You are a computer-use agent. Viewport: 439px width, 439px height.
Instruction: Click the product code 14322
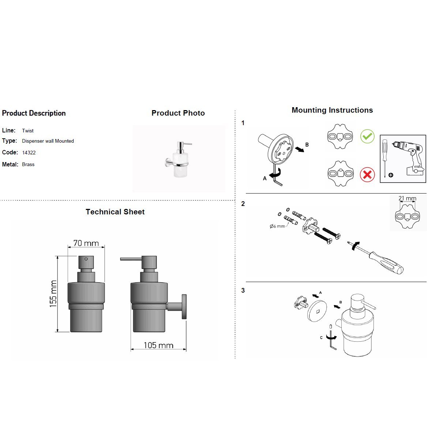[x=29, y=153]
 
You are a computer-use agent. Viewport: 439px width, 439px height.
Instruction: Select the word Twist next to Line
[x=28, y=131]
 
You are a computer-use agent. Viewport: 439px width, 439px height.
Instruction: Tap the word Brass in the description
[x=28, y=165]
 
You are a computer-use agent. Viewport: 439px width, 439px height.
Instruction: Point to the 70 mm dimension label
[x=86, y=243]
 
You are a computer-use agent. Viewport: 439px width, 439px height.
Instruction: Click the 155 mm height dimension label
[x=53, y=293]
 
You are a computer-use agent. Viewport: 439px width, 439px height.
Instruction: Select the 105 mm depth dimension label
[x=158, y=345]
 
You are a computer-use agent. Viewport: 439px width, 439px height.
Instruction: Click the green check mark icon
[x=367, y=136]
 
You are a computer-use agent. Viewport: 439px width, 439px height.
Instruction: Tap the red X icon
[x=367, y=175]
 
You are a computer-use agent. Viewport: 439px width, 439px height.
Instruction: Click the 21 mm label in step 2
[x=407, y=199]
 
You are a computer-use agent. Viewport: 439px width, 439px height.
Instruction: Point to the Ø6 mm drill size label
[x=277, y=226]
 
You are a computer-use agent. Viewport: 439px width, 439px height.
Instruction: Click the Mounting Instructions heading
[x=332, y=110]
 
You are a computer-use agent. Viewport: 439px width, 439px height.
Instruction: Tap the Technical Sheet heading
[x=115, y=212]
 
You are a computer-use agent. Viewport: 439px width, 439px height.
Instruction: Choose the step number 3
[x=243, y=291]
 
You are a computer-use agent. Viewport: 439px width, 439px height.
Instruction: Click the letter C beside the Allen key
[x=321, y=338]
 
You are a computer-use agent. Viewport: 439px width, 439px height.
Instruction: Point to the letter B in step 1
[x=307, y=145]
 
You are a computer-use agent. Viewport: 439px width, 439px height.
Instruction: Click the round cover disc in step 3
[x=317, y=311]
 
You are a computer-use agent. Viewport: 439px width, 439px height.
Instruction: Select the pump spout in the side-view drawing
[x=131, y=259]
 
